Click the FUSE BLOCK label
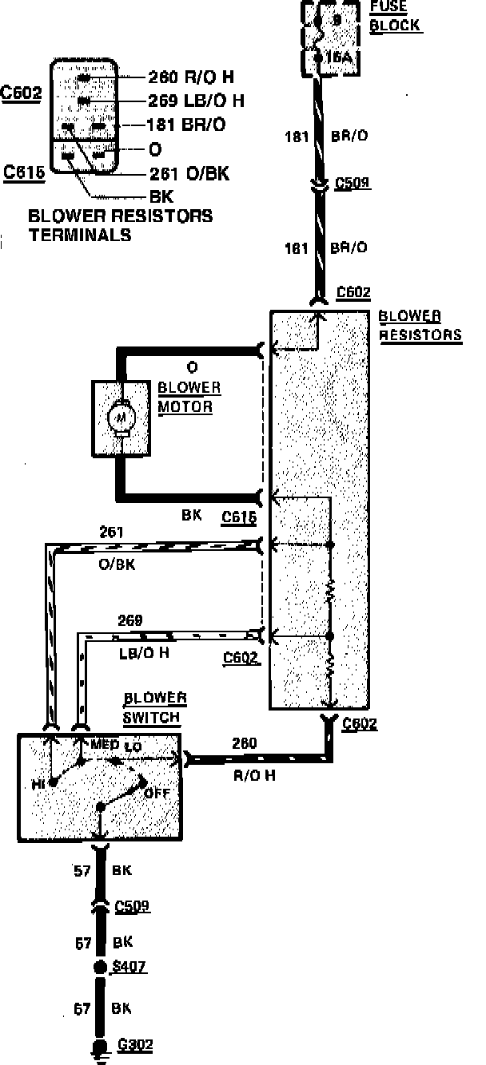pyautogui.click(x=395, y=18)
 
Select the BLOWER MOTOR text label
pyautogui.click(x=189, y=397)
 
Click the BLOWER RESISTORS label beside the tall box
pyautogui.click(x=420, y=325)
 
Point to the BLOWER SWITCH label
pyautogui.click(x=155, y=707)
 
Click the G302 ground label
pyautogui.click(x=134, y=1045)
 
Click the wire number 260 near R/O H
pyautogui.click(x=245, y=743)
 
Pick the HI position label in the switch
pyautogui.click(x=38, y=785)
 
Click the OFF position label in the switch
pyautogui.click(x=157, y=794)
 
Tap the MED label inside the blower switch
pyautogui.click(x=106, y=745)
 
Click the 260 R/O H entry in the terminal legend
pyautogui.click(x=190, y=77)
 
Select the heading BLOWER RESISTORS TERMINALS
pyautogui.click(x=120, y=225)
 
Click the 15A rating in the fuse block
pyautogui.click(x=337, y=57)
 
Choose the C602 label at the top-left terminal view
pyautogui.click(x=22, y=93)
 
